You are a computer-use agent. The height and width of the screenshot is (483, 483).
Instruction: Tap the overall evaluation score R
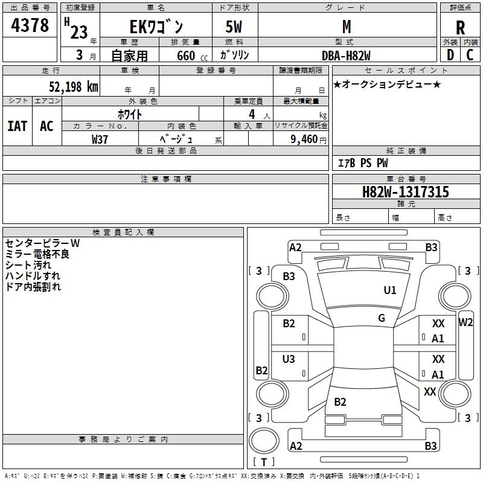(x=460, y=28)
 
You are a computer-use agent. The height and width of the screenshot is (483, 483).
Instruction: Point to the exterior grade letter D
(x=450, y=54)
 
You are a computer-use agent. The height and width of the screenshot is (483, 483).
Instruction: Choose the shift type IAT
(x=17, y=126)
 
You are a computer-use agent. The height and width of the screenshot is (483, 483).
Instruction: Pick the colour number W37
(x=100, y=139)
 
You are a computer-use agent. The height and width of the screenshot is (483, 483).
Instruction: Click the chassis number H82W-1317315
(x=405, y=192)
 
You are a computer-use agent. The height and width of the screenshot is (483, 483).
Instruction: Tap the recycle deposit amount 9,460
(x=304, y=139)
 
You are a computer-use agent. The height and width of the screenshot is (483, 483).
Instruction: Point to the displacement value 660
(x=185, y=56)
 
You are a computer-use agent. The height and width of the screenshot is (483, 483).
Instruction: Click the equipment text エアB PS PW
(x=362, y=163)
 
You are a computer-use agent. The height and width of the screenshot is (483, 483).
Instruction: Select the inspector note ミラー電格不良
(x=37, y=254)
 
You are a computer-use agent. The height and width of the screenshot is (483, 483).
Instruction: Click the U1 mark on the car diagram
(x=390, y=290)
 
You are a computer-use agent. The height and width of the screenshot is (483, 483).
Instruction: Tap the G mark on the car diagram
(x=382, y=318)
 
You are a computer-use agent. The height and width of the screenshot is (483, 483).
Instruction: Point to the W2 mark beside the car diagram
(x=465, y=322)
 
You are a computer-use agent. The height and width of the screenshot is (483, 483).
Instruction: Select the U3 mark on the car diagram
(x=289, y=359)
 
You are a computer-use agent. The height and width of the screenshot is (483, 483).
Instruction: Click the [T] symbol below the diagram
(x=264, y=462)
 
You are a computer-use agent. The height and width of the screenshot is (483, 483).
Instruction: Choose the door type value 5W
(x=235, y=27)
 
